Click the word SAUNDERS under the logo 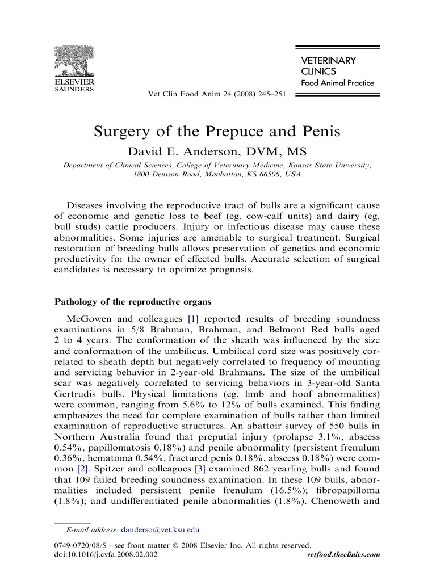tap(74, 89)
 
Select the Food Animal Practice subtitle tap(337, 83)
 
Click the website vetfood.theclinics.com tap(343, 554)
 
